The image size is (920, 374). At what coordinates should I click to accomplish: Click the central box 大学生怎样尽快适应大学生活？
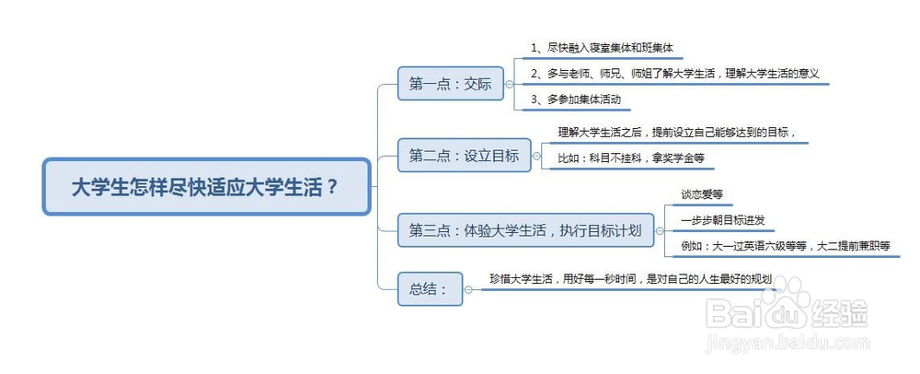click(x=206, y=187)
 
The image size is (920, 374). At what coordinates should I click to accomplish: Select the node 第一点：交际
click(x=451, y=84)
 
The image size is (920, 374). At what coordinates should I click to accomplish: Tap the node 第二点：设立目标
click(x=464, y=156)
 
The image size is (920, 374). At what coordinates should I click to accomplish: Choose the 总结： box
click(x=430, y=289)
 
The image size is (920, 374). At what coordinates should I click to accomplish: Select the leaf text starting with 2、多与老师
click(x=674, y=74)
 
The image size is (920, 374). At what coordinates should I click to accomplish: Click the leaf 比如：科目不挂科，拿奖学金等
click(x=631, y=158)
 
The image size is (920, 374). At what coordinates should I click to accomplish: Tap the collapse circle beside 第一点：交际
click(x=509, y=84)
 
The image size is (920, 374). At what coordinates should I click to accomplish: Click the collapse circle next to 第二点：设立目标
click(x=535, y=156)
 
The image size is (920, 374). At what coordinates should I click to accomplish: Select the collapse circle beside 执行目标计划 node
click(x=659, y=230)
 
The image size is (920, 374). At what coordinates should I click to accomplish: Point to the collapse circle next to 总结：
click(x=467, y=289)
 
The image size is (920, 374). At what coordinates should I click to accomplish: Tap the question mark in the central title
click(x=332, y=188)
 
